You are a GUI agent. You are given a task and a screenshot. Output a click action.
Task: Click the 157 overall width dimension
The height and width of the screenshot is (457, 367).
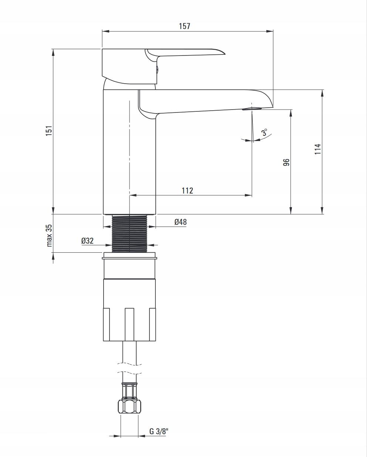(x=184, y=26)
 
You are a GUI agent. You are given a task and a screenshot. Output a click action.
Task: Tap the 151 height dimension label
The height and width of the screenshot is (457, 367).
(x=49, y=131)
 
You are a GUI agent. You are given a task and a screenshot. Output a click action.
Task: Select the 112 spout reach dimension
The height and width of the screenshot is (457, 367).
(x=187, y=191)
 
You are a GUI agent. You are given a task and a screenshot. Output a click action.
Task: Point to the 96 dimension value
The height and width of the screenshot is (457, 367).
(x=286, y=162)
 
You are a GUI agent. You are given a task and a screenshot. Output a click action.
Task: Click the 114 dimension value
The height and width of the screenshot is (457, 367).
(x=318, y=149)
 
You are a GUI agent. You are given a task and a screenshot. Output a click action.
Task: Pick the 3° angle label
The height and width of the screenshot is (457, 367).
(x=265, y=132)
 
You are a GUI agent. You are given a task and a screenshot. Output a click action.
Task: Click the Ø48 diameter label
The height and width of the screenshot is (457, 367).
(x=181, y=222)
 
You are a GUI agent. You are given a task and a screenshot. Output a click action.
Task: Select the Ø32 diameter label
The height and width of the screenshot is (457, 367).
(x=87, y=241)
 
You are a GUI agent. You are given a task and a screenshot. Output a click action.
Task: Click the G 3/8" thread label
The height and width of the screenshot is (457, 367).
(x=159, y=431)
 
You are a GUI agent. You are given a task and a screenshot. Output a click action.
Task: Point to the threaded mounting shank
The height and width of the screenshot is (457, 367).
(x=129, y=233)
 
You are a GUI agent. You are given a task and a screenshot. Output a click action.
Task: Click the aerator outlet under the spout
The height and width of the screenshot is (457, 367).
(x=252, y=109)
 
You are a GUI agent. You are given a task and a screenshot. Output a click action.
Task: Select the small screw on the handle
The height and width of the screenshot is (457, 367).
(x=156, y=69)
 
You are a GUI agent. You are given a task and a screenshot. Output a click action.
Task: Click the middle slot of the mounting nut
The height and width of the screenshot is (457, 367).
(x=129, y=324)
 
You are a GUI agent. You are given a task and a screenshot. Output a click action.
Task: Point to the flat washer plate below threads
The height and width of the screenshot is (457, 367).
(x=129, y=255)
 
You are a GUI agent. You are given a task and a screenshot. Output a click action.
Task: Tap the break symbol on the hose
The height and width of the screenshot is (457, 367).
(x=129, y=369)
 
